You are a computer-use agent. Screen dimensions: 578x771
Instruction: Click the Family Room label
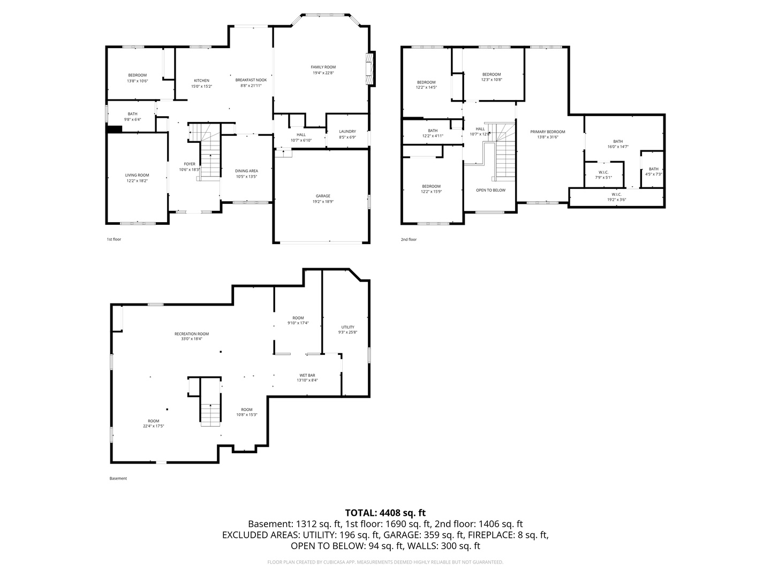point(323,67)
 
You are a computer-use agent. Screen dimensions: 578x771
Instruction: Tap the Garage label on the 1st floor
point(322,196)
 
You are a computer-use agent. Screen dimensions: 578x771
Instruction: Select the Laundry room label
point(347,131)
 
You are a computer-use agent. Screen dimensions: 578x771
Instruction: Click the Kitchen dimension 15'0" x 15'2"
point(201,86)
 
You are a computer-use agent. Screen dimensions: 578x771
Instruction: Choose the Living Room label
point(137,175)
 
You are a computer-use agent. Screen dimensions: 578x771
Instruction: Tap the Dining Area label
point(246,171)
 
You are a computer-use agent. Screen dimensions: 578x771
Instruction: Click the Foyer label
point(190,164)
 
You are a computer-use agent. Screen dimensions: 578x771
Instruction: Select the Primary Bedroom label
point(547,132)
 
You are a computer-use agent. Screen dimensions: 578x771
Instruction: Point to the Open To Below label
point(490,190)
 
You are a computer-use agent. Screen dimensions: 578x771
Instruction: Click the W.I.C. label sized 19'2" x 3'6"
point(616,194)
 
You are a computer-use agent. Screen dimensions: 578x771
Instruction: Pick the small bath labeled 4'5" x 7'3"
point(653,169)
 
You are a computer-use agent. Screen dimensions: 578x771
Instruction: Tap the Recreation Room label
point(192,334)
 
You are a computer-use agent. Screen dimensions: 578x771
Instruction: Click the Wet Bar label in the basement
point(307,375)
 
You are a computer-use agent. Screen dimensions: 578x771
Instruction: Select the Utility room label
point(348,327)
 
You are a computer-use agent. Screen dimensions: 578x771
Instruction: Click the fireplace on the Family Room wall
point(370,69)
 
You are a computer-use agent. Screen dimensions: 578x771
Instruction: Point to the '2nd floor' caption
point(409,239)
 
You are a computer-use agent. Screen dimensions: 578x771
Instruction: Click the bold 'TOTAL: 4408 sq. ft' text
point(385,513)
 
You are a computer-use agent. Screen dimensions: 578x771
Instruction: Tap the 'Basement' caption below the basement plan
point(118,478)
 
